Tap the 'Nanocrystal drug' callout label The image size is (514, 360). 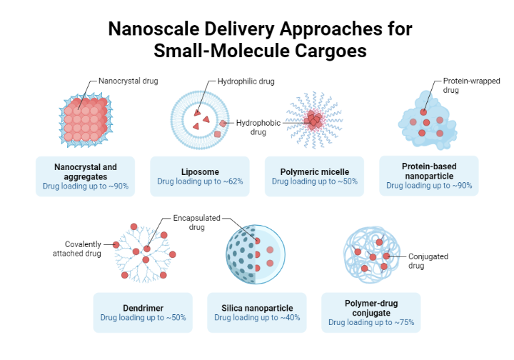point(128,81)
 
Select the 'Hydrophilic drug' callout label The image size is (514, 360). point(246,81)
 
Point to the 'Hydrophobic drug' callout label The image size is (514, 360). point(258,127)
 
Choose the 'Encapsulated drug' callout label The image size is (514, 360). point(197,222)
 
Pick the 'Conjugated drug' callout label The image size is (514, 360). point(428,261)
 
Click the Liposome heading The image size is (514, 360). point(200,172)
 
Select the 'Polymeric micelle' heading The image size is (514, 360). point(314,172)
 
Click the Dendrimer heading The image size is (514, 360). point(143,308)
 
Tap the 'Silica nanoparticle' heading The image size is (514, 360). point(257,308)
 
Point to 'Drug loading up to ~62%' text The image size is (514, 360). point(200,182)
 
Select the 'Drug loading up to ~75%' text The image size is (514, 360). point(371,323)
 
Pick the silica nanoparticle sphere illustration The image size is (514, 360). point(255,256)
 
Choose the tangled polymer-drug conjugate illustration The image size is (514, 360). point(371,256)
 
